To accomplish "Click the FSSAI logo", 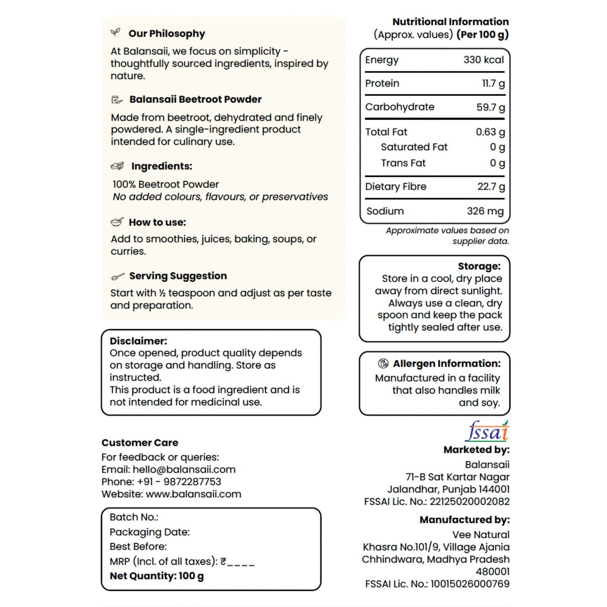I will point(487,431).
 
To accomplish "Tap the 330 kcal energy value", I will point(483,60).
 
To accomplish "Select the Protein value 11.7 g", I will point(493,84).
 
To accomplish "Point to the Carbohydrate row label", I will point(399,107).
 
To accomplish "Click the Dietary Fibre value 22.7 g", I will point(491,187).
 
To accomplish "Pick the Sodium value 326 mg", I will point(485,211).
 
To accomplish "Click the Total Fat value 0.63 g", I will point(490,132).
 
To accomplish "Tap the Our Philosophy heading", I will point(167,34).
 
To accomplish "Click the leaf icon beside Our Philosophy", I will point(115,32).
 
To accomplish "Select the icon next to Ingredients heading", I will point(117,166).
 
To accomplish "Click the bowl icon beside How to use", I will point(117,222).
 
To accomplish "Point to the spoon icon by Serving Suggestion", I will point(118,276).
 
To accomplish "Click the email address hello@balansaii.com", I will point(184,470).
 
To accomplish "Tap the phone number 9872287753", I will point(192,482).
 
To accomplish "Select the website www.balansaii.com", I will point(193,494).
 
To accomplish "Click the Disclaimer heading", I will point(138,341).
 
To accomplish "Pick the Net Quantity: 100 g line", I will point(157,576).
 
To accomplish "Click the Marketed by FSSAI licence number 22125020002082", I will point(470,502).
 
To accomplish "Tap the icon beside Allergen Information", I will point(383,363).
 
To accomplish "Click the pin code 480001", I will point(492,572).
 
